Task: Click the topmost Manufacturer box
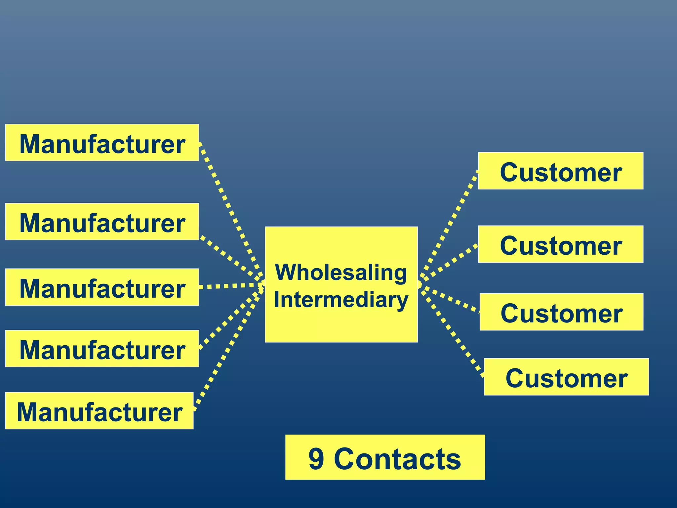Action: [x=102, y=143]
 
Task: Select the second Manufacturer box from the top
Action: [x=102, y=222]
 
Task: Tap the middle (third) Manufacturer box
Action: [x=102, y=287]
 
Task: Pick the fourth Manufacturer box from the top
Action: [x=102, y=349]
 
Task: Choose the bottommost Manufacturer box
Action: [x=99, y=411]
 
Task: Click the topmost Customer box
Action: [x=561, y=171]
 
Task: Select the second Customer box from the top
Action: [x=561, y=244]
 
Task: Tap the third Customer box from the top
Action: [x=561, y=312]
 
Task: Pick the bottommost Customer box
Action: [x=566, y=377]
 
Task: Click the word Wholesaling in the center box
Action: [x=341, y=273]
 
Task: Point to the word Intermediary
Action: [x=341, y=300]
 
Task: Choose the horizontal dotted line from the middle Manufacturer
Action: [x=231, y=286]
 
